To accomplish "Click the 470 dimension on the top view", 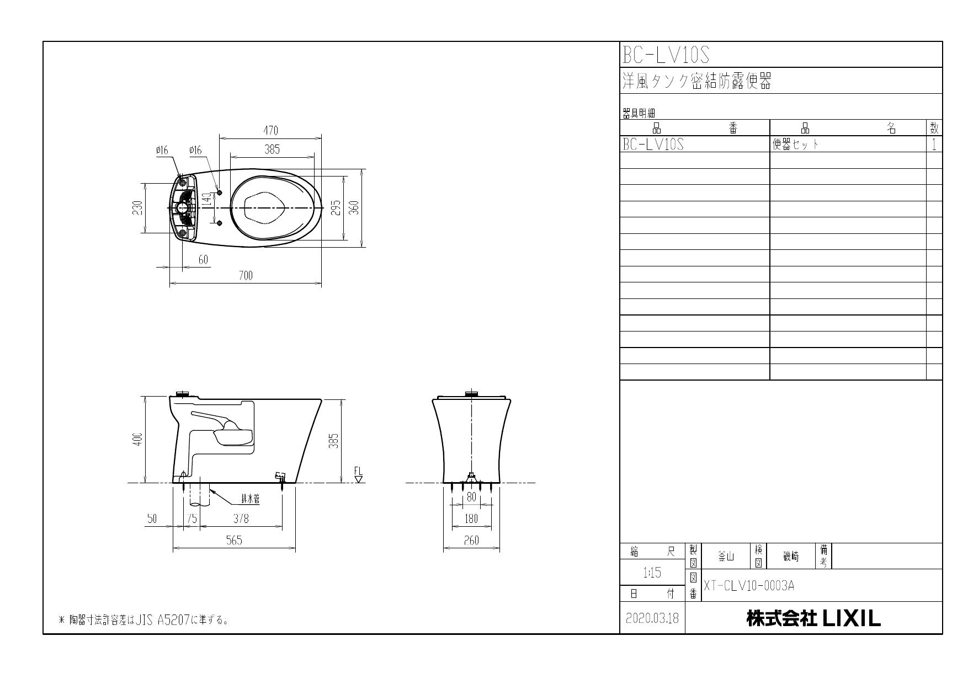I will click(x=270, y=131).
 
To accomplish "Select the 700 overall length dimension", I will click(x=246, y=276).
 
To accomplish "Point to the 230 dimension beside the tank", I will click(x=138, y=208).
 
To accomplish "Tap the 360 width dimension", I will click(x=355, y=207).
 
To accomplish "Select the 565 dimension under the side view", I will click(x=234, y=541).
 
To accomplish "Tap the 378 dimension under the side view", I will click(x=241, y=519).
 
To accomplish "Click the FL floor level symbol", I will click(x=358, y=474).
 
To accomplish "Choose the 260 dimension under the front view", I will click(x=471, y=541).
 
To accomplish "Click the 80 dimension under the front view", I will click(x=471, y=497).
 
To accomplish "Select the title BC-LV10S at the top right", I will click(x=666, y=55).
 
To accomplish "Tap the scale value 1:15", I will click(x=652, y=573).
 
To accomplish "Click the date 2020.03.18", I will click(x=652, y=618).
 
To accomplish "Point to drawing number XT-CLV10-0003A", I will click(x=749, y=585).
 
